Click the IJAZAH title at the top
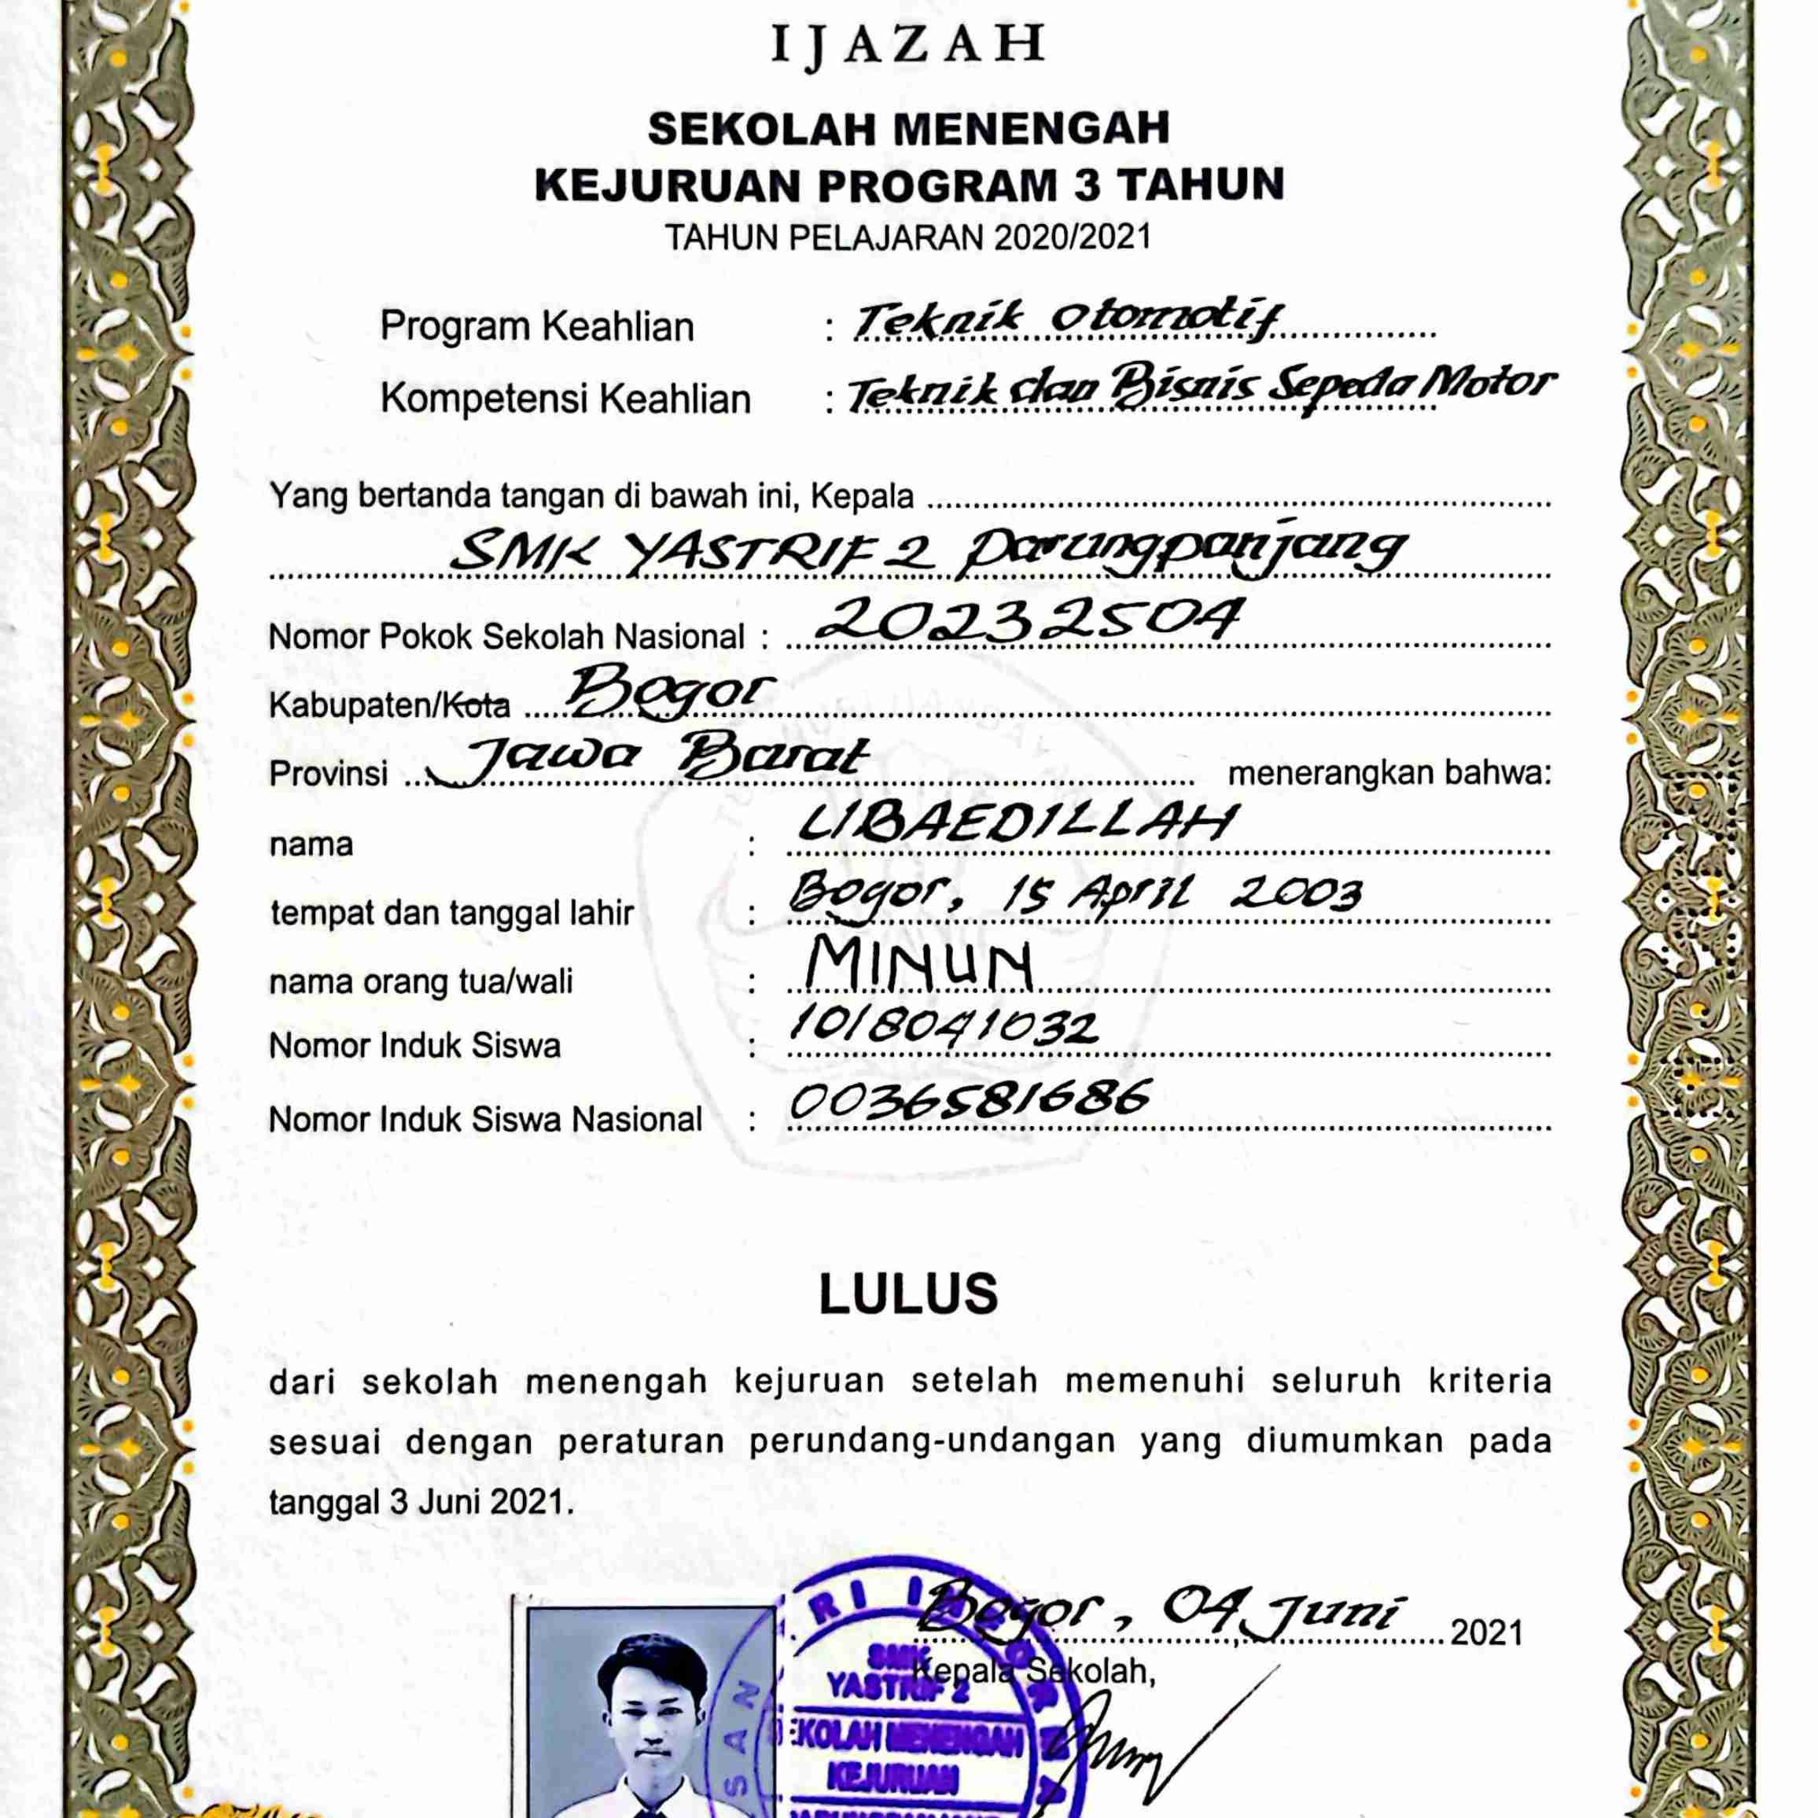pos(907,44)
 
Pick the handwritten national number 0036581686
pos(970,1099)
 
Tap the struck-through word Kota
pos(478,705)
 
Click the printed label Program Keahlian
pos(536,326)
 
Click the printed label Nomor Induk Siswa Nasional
pos(485,1120)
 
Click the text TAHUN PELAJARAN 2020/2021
pos(908,237)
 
